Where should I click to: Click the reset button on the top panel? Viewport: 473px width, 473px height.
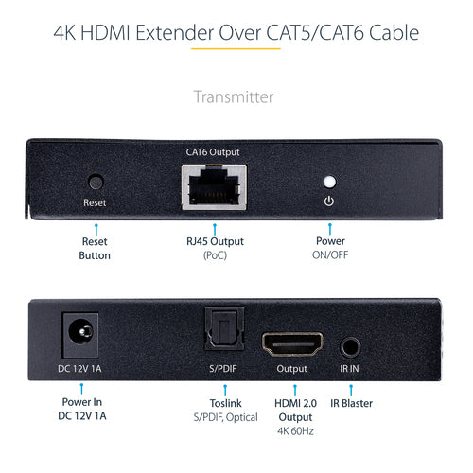point(95,181)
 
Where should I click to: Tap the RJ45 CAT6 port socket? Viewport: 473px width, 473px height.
point(214,186)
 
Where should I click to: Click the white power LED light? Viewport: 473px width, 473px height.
point(329,181)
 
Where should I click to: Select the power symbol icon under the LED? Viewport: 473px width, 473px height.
point(329,201)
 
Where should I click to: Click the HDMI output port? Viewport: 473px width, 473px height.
point(291,343)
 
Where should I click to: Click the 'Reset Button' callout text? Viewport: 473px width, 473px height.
point(95,247)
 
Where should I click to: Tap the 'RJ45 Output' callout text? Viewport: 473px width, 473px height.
point(214,240)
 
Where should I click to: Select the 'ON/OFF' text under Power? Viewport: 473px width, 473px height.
point(329,254)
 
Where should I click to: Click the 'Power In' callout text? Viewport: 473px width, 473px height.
point(83,402)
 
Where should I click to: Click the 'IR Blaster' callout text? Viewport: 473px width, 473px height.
point(352,402)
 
